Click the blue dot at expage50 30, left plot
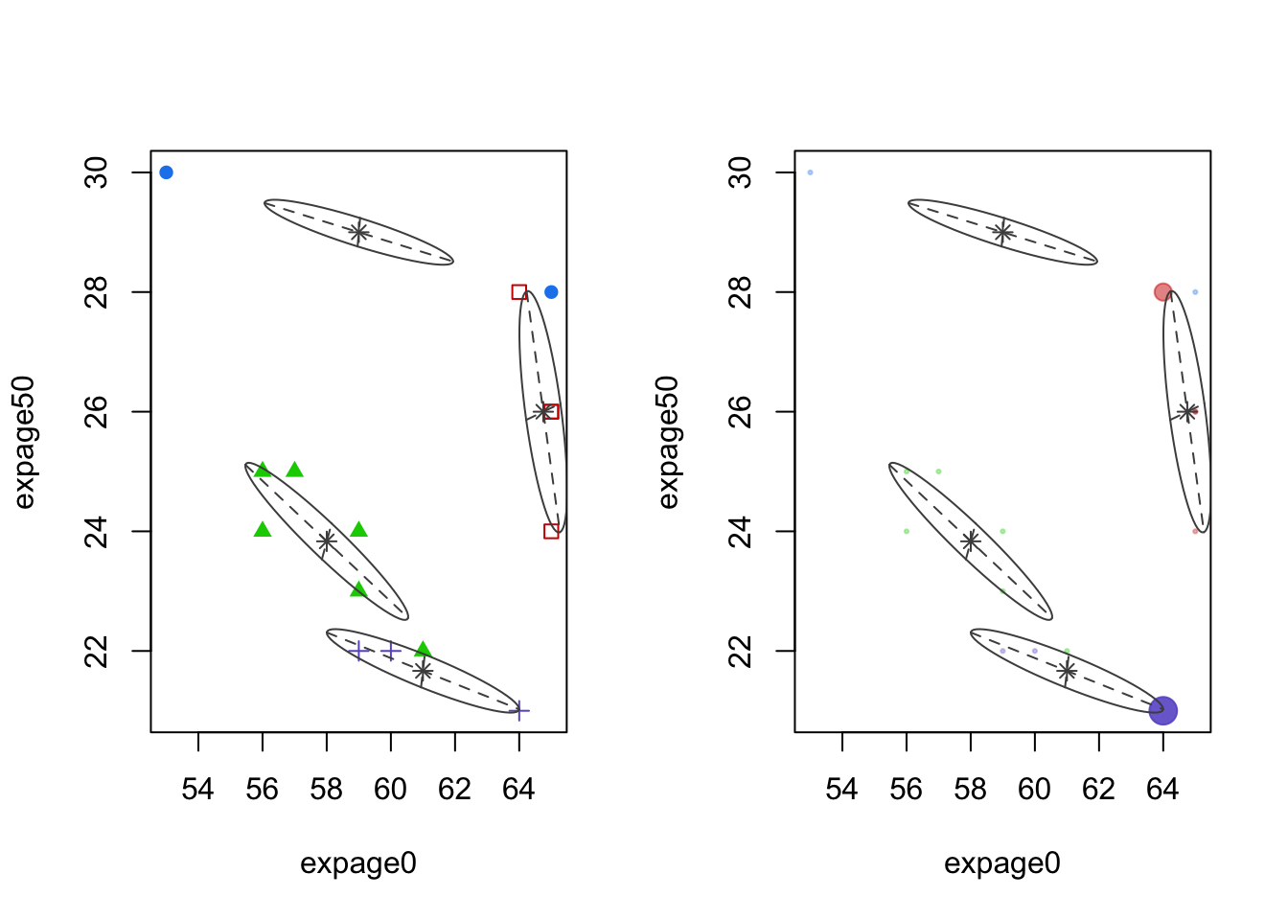(x=166, y=172)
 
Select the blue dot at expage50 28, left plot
(x=551, y=292)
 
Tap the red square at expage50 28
(x=519, y=292)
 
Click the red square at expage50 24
(x=551, y=531)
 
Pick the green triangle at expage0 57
(x=294, y=470)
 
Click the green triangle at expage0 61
(x=423, y=650)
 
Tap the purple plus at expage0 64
(x=519, y=711)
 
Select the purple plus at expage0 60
(x=391, y=652)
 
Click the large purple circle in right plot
(x=1162, y=711)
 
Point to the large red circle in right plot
(x=1162, y=292)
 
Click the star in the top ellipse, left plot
(x=358, y=232)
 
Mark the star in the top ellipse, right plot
(x=1002, y=232)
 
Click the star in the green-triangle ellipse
(x=327, y=541)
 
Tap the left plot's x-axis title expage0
(x=358, y=863)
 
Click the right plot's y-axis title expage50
(x=668, y=442)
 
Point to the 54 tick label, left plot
(x=198, y=790)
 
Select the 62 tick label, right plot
(x=1098, y=790)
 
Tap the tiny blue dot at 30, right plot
(x=810, y=172)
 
